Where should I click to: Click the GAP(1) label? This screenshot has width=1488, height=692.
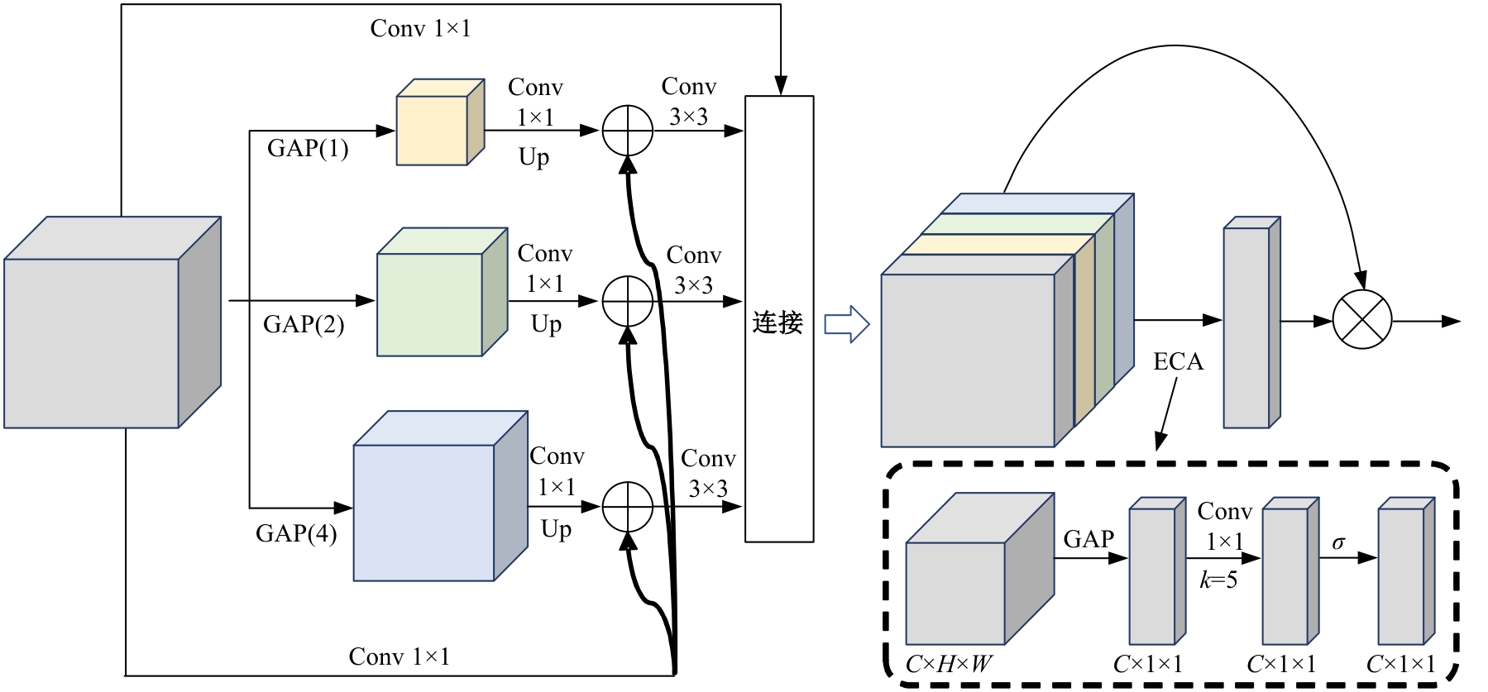point(308,149)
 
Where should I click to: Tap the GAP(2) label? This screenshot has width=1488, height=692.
point(304,324)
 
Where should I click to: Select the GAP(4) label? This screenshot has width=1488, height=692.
point(296,533)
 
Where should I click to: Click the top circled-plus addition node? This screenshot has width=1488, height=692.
point(628,131)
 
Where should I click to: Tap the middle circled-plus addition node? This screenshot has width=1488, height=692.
point(628,301)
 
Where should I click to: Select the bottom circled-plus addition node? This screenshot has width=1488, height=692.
point(628,506)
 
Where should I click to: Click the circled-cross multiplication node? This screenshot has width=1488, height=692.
point(1362,319)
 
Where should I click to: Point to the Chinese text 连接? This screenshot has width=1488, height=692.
point(777,322)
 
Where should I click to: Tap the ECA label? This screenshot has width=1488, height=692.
point(1178,362)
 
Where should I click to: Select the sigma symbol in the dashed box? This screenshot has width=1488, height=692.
point(1338,543)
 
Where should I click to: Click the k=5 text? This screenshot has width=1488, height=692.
point(1218,580)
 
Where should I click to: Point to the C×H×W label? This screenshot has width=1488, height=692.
point(949,665)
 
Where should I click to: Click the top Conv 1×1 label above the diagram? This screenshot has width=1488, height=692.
point(420,29)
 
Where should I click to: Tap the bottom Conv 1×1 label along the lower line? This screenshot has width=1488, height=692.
point(399,657)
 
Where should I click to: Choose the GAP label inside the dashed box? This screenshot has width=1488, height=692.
point(1088,540)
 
